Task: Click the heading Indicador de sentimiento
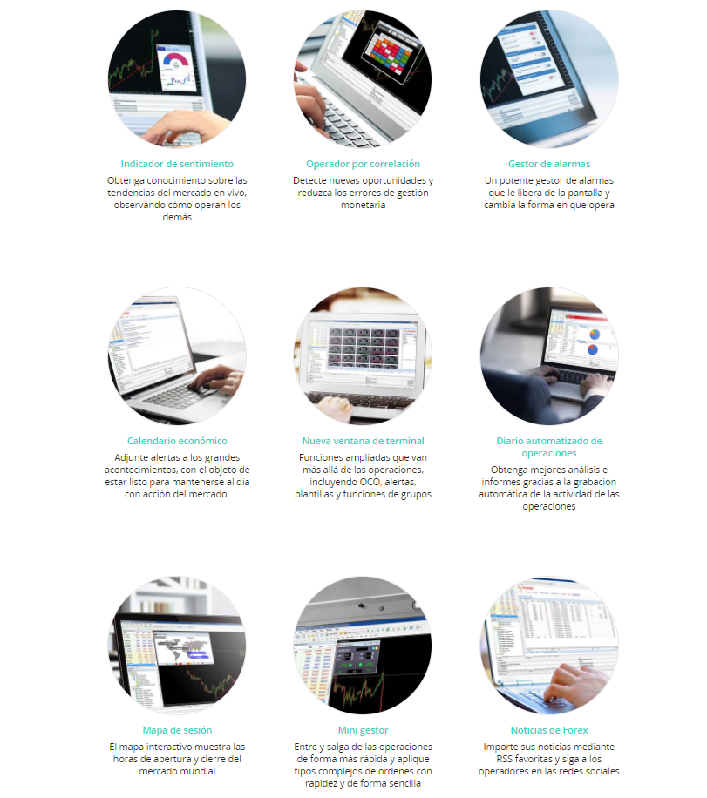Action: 177,164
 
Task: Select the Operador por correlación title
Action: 363,164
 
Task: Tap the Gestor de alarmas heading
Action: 549,164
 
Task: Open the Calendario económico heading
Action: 177,441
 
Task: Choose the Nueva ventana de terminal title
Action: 363,441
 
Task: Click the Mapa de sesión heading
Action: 177,730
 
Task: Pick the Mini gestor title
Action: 363,730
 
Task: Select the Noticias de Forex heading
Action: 549,730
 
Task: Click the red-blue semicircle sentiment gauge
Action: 176,60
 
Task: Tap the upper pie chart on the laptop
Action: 594,335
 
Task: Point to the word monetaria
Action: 363,205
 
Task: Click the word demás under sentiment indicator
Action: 177,217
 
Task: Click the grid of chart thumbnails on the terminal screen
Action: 363,347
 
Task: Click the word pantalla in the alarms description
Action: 586,193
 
